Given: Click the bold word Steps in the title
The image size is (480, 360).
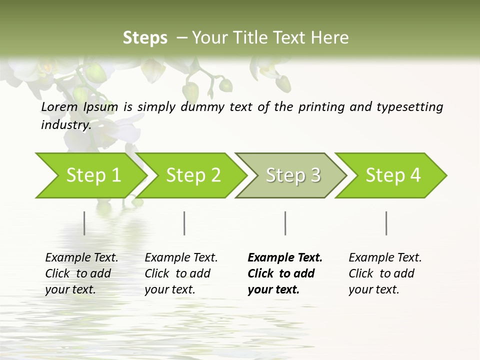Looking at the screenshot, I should pyautogui.click(x=145, y=37).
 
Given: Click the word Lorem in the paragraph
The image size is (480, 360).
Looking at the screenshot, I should pyautogui.click(x=59, y=106).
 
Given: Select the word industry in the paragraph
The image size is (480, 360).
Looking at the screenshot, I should pyautogui.click(x=65, y=124).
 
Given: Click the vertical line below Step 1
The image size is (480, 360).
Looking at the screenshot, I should pyautogui.click(x=84, y=223).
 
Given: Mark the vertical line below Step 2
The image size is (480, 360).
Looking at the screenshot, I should pyautogui.click(x=184, y=223).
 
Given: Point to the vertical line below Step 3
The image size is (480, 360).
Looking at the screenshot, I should pyautogui.click(x=285, y=223).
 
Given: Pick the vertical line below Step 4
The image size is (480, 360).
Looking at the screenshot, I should pyautogui.click(x=386, y=223).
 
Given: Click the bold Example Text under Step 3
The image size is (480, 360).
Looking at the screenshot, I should pyautogui.click(x=285, y=257).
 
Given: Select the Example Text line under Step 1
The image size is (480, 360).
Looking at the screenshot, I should pyautogui.click(x=81, y=257).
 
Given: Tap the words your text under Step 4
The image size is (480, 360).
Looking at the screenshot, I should pyautogui.click(x=373, y=289).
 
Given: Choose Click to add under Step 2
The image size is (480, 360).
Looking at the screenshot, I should pyautogui.click(x=177, y=273).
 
